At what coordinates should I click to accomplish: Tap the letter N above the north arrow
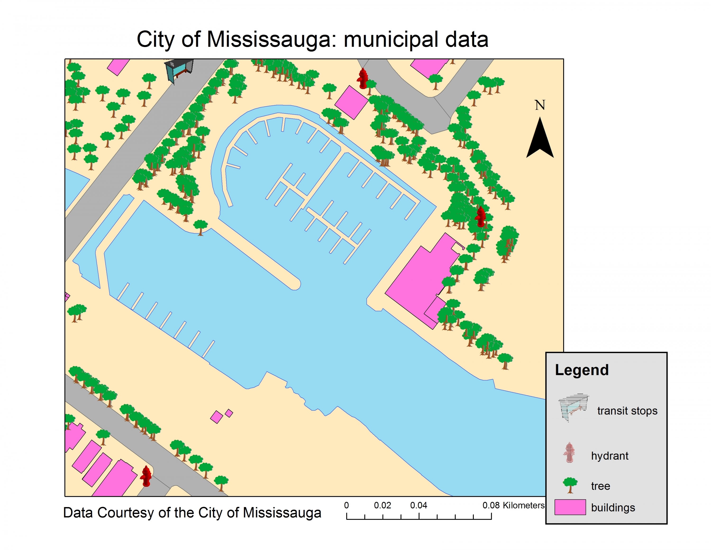540,105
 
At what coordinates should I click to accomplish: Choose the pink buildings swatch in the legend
570,507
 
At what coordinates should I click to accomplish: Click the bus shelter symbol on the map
179,70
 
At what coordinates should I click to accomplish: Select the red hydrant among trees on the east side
480,217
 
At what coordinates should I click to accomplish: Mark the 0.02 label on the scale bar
382,505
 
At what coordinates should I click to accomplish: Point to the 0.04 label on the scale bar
419,505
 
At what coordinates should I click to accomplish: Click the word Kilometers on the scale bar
524,505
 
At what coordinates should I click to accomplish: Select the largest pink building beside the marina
420,280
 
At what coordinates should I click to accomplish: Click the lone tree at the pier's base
200,226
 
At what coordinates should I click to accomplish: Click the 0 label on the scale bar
346,505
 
